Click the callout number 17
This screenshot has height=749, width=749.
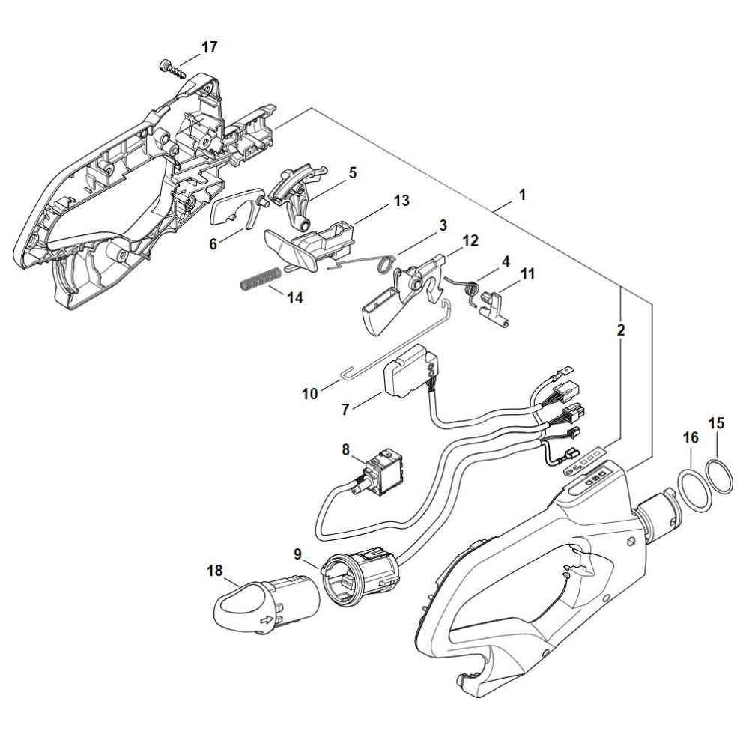tap(209, 47)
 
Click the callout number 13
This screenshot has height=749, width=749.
tap(401, 201)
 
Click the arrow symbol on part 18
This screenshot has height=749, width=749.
tap(266, 620)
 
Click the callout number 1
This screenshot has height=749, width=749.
tap(522, 195)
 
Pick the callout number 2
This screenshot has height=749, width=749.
tap(622, 329)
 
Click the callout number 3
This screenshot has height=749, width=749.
tap(443, 225)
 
